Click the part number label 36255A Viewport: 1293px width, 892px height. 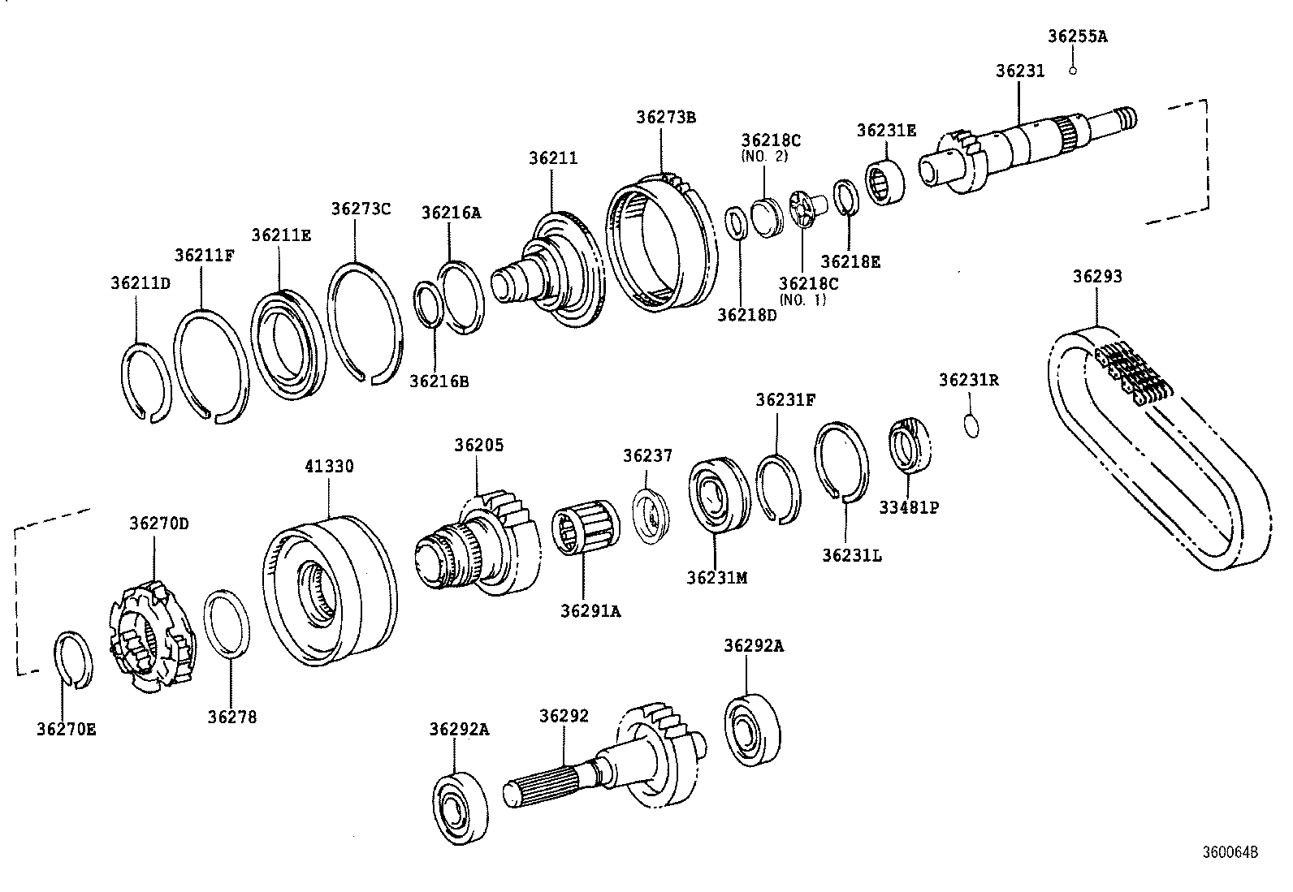[x=1077, y=36]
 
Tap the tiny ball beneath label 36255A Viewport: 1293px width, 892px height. [x=1073, y=71]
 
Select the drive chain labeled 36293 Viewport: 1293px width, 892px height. [x=1156, y=446]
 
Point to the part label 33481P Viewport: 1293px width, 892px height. [x=909, y=507]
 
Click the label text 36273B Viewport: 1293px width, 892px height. [x=665, y=117]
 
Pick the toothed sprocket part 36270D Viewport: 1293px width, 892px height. [x=152, y=637]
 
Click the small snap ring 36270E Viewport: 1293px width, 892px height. [x=73, y=658]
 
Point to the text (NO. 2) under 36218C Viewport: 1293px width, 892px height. [x=763, y=156]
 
